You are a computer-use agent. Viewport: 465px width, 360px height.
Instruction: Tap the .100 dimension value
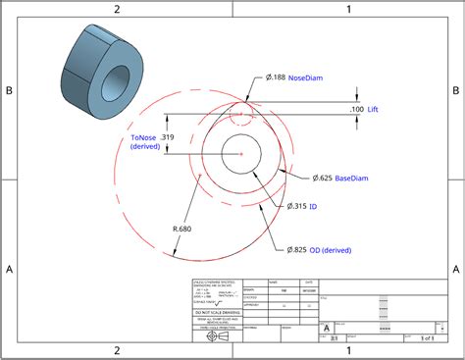click(x=356, y=109)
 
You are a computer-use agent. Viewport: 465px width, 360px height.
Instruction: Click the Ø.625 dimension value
click(x=322, y=179)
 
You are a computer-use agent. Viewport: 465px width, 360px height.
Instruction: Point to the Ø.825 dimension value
click(x=297, y=250)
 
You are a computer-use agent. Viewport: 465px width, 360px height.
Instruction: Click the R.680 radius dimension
click(x=181, y=228)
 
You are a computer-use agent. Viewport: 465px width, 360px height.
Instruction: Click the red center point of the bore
click(x=240, y=154)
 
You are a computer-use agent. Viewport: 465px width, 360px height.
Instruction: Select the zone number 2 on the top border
click(x=117, y=9)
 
